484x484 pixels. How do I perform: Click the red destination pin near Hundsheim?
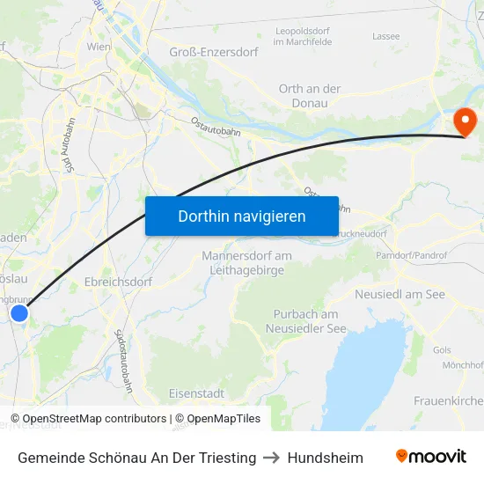click(463, 121)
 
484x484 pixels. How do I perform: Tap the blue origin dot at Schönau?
click(19, 312)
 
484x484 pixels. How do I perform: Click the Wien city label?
click(98, 46)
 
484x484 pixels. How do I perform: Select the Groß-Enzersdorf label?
click(214, 52)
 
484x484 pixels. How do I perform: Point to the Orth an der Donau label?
click(310, 96)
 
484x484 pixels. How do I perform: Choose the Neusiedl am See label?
click(400, 294)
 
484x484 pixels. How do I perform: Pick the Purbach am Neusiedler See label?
click(305, 321)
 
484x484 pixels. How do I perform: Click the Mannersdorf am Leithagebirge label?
click(246, 263)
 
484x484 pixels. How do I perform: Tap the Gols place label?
click(442, 350)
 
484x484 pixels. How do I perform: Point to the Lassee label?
click(385, 36)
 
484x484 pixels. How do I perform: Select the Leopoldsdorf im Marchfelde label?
click(307, 36)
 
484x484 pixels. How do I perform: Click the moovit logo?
click(431, 457)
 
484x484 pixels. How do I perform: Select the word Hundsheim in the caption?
click(325, 458)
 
